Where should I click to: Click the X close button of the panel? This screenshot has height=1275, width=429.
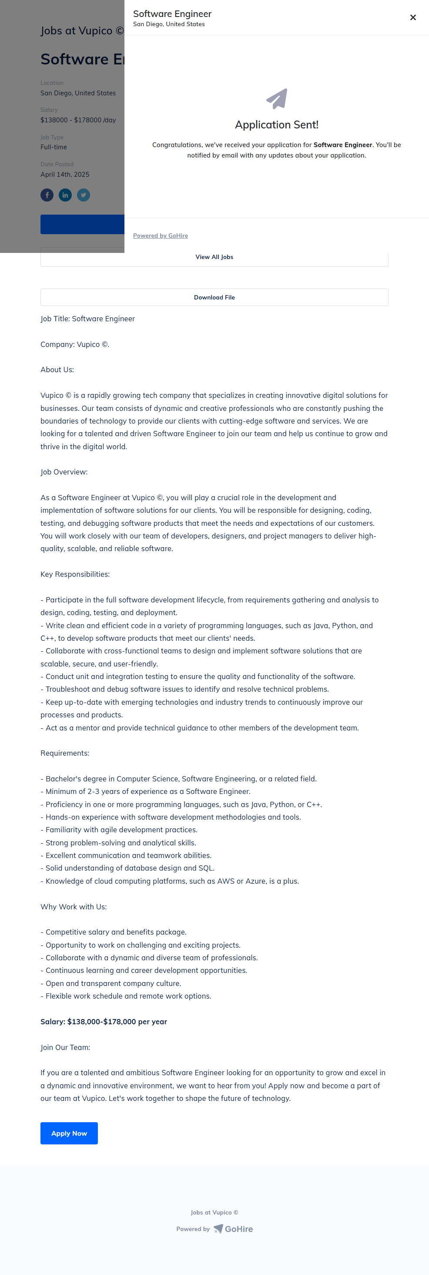(412, 18)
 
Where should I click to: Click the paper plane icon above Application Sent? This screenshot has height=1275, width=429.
(277, 98)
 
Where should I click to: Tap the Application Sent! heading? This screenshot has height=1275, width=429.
(277, 125)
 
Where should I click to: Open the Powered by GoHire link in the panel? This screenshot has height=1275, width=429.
(160, 235)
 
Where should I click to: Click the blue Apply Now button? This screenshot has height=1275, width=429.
(69, 1133)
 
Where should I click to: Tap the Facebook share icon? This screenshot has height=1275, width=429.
(47, 195)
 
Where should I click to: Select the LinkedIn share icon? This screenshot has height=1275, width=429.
(65, 195)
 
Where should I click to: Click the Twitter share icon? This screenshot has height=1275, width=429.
(84, 195)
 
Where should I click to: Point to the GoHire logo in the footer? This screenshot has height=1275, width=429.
(233, 1228)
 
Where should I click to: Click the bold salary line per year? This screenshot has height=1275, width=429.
(104, 1022)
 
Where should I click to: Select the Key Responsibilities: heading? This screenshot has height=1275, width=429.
(75, 574)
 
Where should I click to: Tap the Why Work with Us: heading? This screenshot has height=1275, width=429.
(74, 906)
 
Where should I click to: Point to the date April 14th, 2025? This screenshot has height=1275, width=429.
(65, 174)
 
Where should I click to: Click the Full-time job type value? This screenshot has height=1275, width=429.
(54, 147)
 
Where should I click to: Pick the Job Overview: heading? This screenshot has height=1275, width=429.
(64, 472)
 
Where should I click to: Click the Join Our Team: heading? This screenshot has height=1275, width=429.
(65, 1047)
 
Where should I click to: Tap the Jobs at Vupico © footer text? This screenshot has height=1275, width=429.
(214, 1212)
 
